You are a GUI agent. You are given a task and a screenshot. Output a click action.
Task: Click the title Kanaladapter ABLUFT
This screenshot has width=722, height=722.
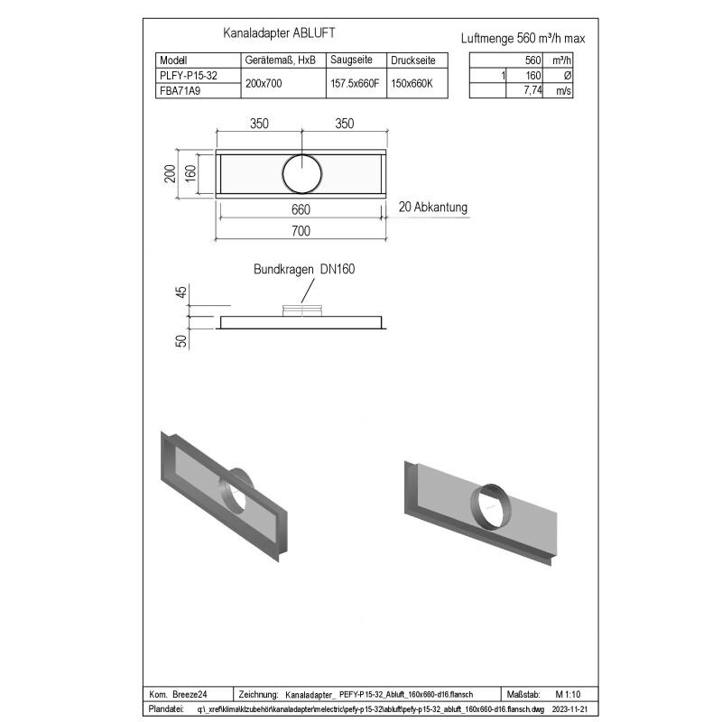coord(279,33)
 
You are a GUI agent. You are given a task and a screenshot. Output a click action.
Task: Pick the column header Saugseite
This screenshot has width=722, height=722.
coord(351,60)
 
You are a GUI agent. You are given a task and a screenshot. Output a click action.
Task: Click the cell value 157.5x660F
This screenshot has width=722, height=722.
coord(355,84)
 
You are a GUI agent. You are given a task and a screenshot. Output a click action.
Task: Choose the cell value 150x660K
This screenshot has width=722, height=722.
coord(412,84)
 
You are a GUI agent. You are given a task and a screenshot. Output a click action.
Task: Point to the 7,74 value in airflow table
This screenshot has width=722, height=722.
coord(532,90)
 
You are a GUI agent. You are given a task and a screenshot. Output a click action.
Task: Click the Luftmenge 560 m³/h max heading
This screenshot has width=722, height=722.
coord(523,38)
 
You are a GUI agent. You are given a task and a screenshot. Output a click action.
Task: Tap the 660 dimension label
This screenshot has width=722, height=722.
coord(301,210)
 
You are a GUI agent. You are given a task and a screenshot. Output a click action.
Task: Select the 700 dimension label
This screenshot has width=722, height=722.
coord(301,231)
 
